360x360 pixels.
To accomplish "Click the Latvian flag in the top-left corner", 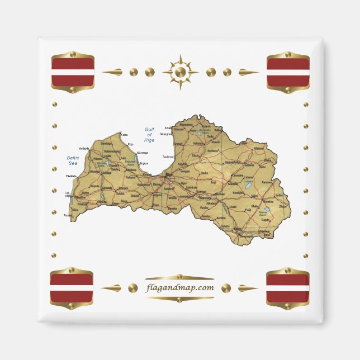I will pyautogui.click(x=73, y=72).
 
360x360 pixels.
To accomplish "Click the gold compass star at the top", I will pyautogui.click(x=180, y=72).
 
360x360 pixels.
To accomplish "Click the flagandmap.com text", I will pyautogui.click(x=179, y=288).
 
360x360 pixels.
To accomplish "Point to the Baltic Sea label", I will pyautogui.click(x=73, y=160).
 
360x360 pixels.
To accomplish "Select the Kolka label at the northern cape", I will pyautogui.click(x=124, y=135).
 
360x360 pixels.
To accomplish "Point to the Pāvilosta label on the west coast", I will pyautogui.click(x=71, y=176).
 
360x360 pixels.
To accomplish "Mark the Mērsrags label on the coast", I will pyautogui.click(x=143, y=153).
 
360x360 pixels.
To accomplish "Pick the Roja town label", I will pyautogui.click(x=130, y=144).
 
